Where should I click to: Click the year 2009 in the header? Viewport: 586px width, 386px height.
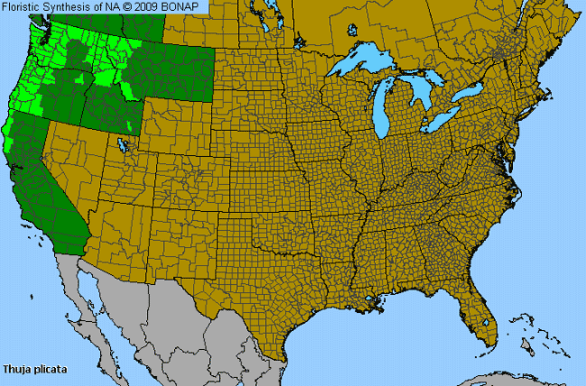(x=154, y=7)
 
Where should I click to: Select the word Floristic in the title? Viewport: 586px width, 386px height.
(x=24, y=7)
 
